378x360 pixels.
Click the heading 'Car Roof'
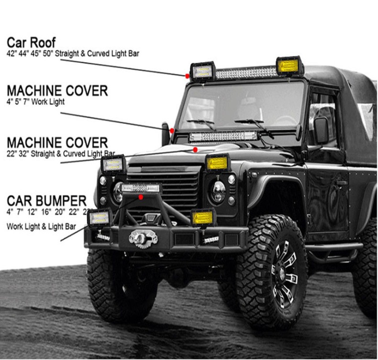point(31,42)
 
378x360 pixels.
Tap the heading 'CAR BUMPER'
point(46,201)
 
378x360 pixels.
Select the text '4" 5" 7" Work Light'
point(35,102)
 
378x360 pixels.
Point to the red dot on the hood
point(195,150)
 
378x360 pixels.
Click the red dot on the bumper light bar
point(141,197)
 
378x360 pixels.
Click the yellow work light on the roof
point(289,66)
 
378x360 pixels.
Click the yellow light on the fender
point(217,163)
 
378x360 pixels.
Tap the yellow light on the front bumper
point(202,217)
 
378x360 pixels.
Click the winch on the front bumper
point(143,238)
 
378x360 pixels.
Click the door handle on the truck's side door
point(342,182)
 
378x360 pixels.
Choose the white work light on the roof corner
point(202,72)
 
